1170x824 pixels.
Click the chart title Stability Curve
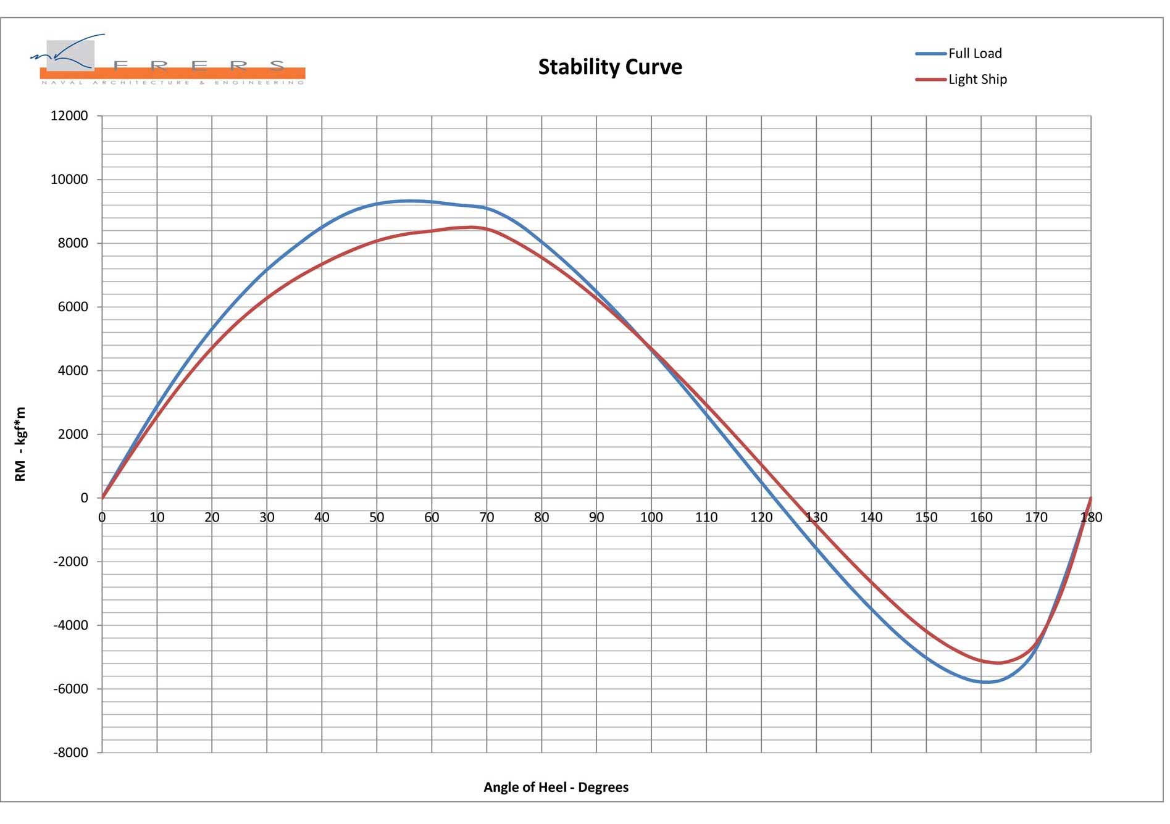tap(610, 67)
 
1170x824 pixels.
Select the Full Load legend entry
tap(974, 54)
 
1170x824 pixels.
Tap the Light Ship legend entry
tap(977, 80)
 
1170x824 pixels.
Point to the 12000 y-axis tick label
tap(69, 116)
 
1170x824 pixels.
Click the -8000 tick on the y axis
tap(70, 752)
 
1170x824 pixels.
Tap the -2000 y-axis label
tap(70, 562)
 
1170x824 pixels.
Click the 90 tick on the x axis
tap(596, 517)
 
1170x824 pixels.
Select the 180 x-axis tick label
tap(1091, 517)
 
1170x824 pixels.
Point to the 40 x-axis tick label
tap(322, 517)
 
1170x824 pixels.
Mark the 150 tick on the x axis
tap(926, 517)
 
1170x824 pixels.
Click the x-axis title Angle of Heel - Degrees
tap(556, 787)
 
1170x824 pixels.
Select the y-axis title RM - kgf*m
tap(20, 444)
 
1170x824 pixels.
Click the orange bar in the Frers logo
tap(173, 73)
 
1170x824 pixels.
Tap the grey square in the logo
tap(70, 54)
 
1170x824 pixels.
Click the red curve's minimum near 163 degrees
tap(998, 663)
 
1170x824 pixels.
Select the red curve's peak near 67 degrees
tap(472, 227)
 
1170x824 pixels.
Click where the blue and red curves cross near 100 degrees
tap(650, 347)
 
